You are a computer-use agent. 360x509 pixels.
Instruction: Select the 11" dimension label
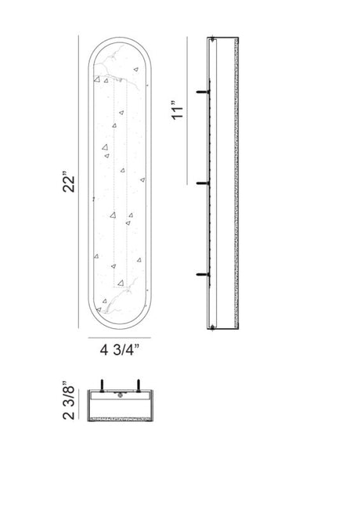coord(178,110)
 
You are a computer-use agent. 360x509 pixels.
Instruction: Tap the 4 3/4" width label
coord(120,349)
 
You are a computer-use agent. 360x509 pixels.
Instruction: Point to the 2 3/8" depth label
coord(69,400)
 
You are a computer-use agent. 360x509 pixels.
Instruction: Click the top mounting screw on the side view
coord(203,92)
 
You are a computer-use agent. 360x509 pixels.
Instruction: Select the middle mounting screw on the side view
coord(203,183)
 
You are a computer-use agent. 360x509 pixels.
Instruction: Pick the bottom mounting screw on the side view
coord(203,275)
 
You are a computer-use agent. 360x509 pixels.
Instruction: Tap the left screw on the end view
coord(103,385)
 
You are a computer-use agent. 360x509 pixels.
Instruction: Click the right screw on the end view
coord(139,385)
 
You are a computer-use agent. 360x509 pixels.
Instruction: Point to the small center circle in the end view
coord(121,395)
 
